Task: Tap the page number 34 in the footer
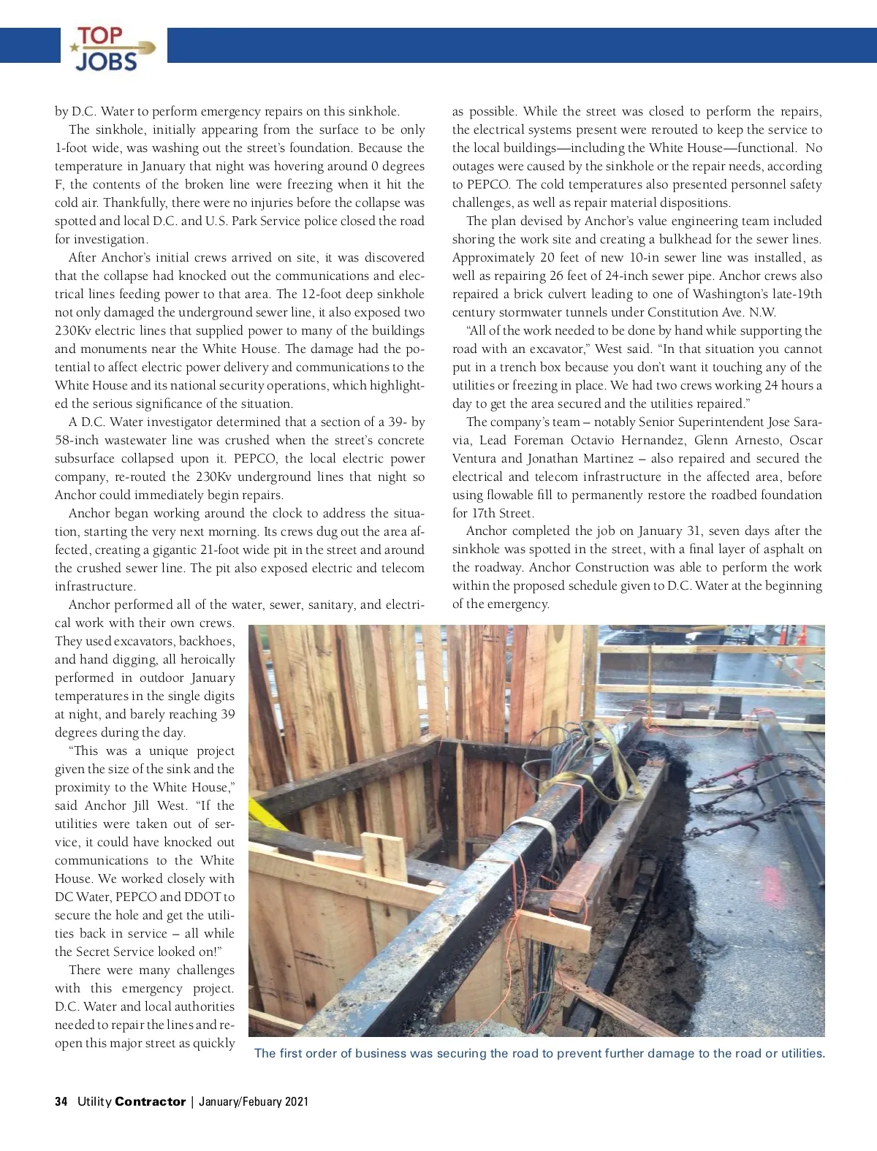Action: (x=61, y=1101)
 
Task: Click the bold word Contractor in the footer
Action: (x=150, y=1101)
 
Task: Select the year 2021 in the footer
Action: (x=296, y=1101)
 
